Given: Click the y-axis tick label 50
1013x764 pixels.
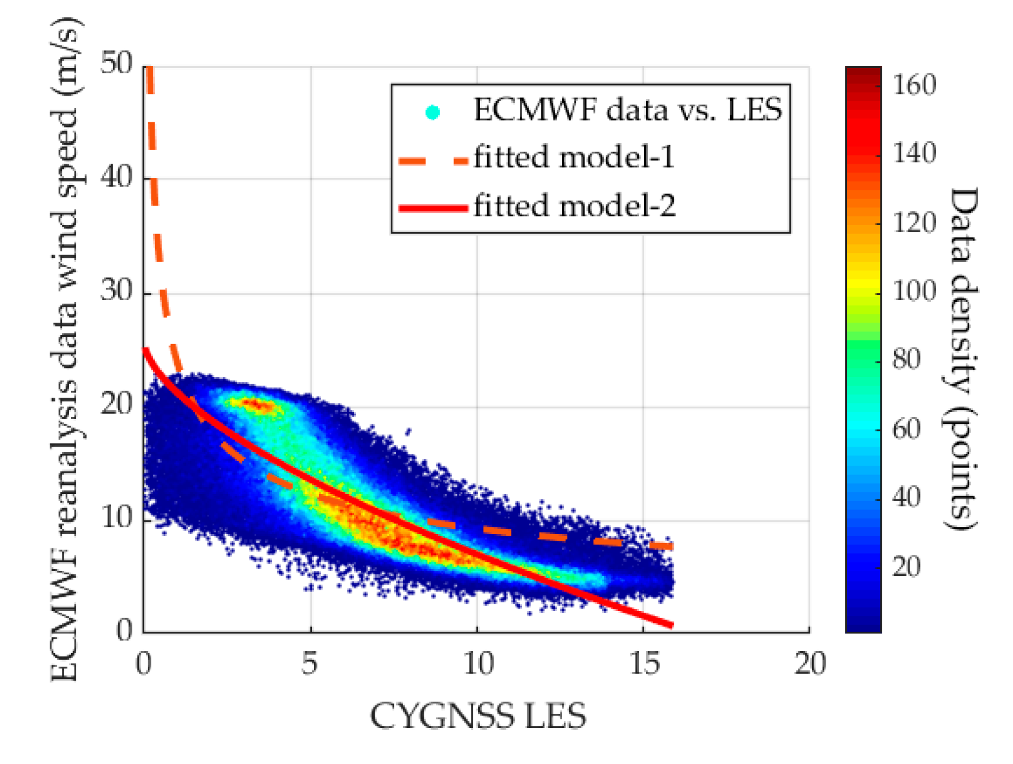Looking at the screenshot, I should pos(116,63).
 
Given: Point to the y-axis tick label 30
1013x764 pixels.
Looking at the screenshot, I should pos(116,291).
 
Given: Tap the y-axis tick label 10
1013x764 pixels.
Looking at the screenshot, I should pos(116,518).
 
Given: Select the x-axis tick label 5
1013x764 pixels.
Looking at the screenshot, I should pos(310,664).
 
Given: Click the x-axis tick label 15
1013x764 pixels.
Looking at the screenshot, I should pos(644,664).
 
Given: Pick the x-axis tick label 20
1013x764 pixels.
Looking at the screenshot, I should pos(810,664).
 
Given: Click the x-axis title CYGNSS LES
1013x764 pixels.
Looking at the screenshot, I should pos(478,716).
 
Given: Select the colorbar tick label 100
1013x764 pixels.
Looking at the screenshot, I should pos(914,291).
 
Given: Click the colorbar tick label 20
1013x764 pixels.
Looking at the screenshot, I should pos(907,567).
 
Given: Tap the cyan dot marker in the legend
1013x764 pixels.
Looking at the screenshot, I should pos(433,112).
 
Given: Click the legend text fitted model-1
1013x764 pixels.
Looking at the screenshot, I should pos(574,158).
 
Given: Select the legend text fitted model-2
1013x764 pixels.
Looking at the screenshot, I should pos(574,206).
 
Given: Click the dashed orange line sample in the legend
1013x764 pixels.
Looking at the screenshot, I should pos(433,161).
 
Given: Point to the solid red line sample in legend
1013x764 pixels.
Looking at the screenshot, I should pos(433,208).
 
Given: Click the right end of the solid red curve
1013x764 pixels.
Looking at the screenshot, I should pos(671,625).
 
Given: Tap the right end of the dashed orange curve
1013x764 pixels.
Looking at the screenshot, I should pos(671,546).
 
